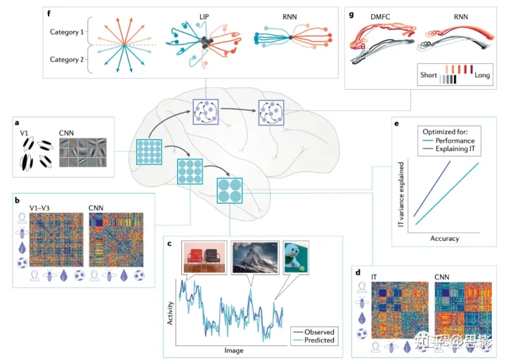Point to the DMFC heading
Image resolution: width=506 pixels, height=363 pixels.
tap(372, 18)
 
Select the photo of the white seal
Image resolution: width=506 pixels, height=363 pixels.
tap(297, 258)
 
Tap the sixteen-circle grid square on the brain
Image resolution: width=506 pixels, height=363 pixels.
tap(149, 153)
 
